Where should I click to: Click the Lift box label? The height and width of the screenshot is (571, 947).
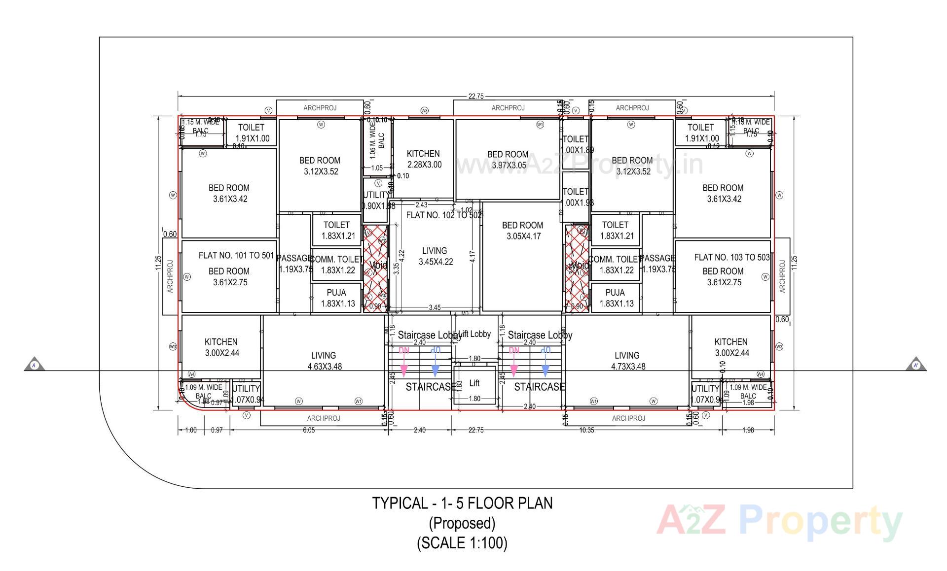pyautogui.click(x=474, y=383)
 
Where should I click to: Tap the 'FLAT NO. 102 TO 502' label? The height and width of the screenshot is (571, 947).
pyautogui.click(x=443, y=215)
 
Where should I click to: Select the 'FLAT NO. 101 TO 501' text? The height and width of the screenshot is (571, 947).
pyautogui.click(x=236, y=255)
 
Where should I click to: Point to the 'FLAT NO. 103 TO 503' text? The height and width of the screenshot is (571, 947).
pyautogui.click(x=731, y=257)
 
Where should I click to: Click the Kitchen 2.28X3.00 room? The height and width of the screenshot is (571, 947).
pyautogui.click(x=424, y=159)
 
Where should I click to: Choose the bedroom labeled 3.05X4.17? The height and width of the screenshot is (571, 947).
pyautogui.click(x=522, y=231)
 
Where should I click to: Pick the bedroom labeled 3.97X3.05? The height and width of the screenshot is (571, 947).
pyautogui.click(x=508, y=160)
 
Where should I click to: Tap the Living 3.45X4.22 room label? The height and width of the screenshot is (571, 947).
pyautogui.click(x=435, y=256)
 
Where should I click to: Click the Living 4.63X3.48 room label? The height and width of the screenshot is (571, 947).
pyautogui.click(x=324, y=361)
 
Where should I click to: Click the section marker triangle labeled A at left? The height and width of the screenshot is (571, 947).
pyautogui.click(x=35, y=365)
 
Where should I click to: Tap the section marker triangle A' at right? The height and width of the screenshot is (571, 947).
pyautogui.click(x=916, y=365)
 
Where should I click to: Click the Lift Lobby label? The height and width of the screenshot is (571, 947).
pyautogui.click(x=474, y=334)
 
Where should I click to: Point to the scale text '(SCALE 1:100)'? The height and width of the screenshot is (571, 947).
pyautogui.click(x=462, y=543)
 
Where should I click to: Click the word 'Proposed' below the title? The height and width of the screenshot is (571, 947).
pyautogui.click(x=462, y=523)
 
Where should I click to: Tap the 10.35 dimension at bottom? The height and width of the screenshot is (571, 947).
pyautogui.click(x=586, y=430)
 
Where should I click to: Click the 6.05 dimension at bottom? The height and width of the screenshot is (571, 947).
pyautogui.click(x=308, y=430)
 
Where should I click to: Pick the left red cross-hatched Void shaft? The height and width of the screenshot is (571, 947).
pyautogui.click(x=375, y=269)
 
